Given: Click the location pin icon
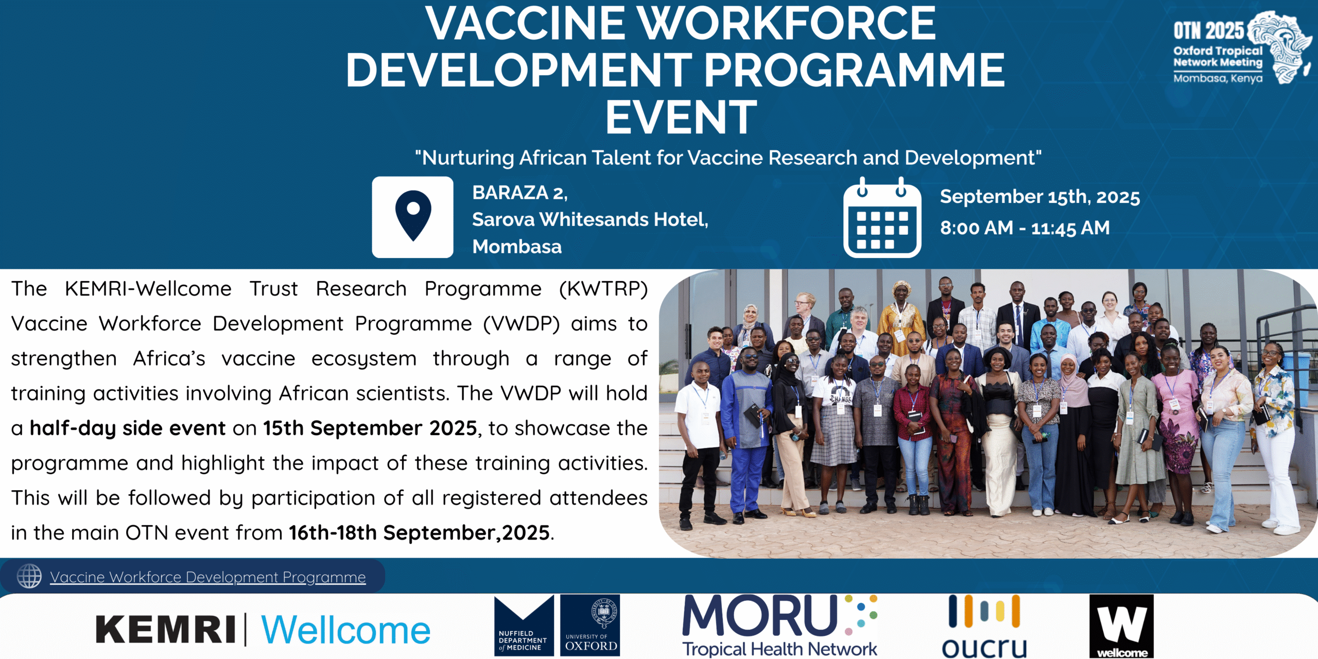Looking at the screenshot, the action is tap(413, 217).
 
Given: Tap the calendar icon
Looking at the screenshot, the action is tap(882, 217).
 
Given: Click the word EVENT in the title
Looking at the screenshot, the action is tap(681, 117).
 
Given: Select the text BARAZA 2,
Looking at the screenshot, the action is tap(520, 193).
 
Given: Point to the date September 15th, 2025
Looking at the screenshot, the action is tap(1040, 197).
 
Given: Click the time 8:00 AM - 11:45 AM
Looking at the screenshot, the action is tap(1025, 228).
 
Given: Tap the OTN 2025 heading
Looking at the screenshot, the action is tap(1208, 31).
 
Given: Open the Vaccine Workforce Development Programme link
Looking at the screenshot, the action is tap(208, 577).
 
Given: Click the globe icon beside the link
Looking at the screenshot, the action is tap(29, 576).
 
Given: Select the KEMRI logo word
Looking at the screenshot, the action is tap(166, 630).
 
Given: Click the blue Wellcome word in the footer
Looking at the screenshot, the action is tap(345, 630).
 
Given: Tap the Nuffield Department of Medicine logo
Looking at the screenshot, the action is tap(524, 626).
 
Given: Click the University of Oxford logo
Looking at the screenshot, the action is tap(590, 626).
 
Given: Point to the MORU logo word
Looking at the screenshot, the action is tap(760, 615).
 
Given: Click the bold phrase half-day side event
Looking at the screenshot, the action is tap(128, 428).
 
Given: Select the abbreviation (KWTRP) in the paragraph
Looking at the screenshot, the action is tap(603, 289).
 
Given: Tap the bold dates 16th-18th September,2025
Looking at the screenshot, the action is tap(419, 532).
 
